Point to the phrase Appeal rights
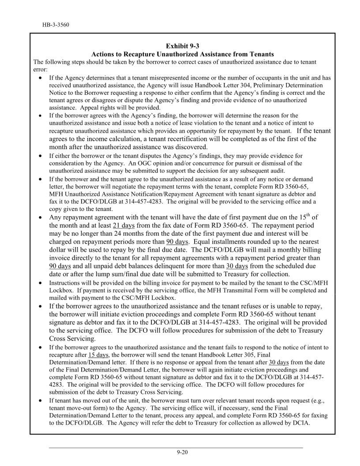(92, 107)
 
